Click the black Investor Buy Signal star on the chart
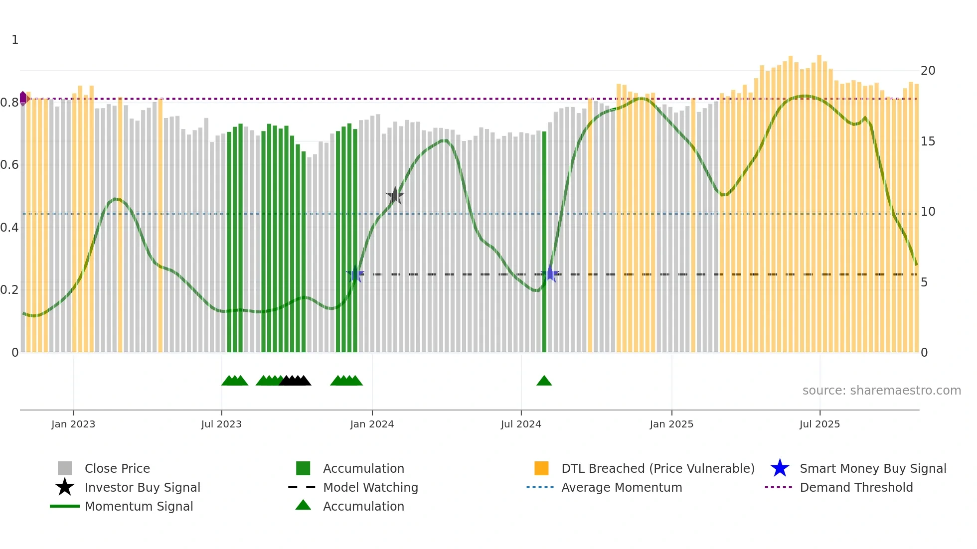[x=395, y=196]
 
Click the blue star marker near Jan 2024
[x=355, y=274]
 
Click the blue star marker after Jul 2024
[x=550, y=274]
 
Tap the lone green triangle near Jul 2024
[x=544, y=381]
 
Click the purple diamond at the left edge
[x=23, y=98]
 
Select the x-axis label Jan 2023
[x=73, y=424]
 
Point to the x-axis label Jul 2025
[x=819, y=424]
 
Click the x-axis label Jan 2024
[x=372, y=424]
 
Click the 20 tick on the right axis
[x=928, y=71]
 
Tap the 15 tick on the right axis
[x=928, y=141]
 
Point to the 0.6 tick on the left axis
[x=9, y=165]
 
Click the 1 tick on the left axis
[x=15, y=40]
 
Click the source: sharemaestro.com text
[x=881, y=391]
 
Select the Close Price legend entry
[x=117, y=468]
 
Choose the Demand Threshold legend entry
[x=856, y=487]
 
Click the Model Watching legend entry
[x=370, y=487]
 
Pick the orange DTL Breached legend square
[x=541, y=468]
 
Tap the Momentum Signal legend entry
[x=139, y=506]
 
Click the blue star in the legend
[x=780, y=468]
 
